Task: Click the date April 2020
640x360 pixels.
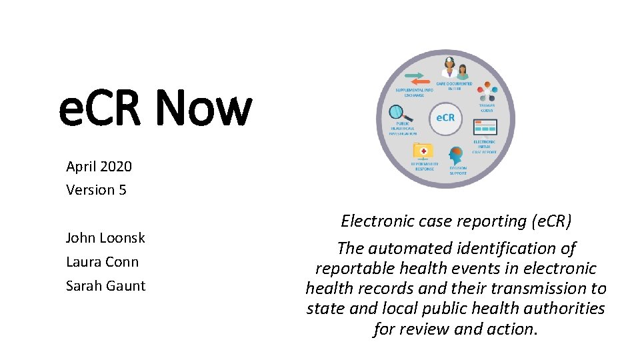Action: (x=99, y=166)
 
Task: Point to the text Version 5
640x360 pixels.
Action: (x=96, y=190)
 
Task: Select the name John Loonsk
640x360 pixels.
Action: (x=105, y=238)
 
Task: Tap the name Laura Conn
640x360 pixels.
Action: (x=102, y=262)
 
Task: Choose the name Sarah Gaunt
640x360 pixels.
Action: (x=105, y=286)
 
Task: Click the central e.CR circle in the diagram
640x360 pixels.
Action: (x=445, y=118)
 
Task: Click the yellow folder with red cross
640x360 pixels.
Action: (x=422, y=151)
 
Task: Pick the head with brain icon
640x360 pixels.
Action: (x=457, y=155)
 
